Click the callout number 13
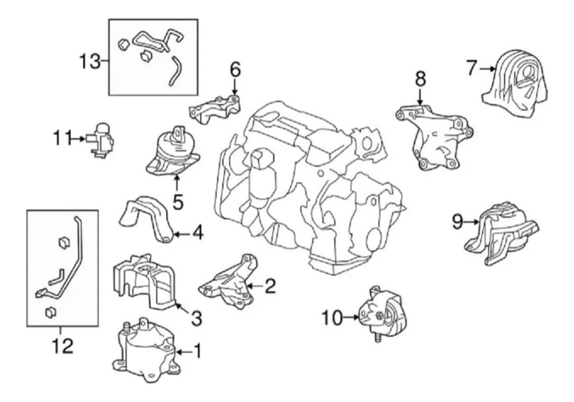click(89, 61)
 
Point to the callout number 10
click(332, 317)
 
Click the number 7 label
click(472, 68)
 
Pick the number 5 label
click(177, 201)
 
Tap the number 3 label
click(196, 317)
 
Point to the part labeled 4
click(146, 218)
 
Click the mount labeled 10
click(383, 313)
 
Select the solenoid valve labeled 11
click(101, 138)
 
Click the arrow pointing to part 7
click(486, 69)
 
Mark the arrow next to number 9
click(472, 222)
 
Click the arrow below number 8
click(420, 98)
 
